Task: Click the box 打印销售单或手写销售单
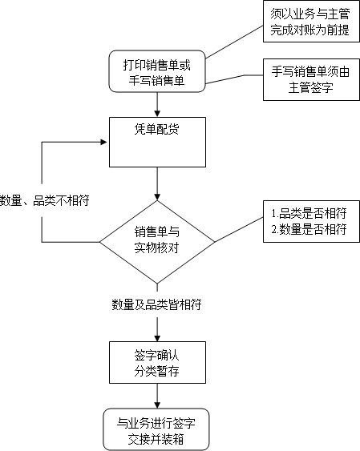click(x=157, y=73)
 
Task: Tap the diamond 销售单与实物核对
click(x=157, y=240)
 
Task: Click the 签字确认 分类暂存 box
click(x=157, y=362)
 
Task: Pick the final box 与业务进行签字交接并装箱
click(x=157, y=430)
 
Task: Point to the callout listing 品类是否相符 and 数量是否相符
click(x=308, y=222)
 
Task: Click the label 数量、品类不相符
click(x=44, y=200)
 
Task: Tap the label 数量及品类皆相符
click(x=156, y=304)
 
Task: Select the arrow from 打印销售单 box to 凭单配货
click(x=157, y=103)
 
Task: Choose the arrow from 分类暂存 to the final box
click(x=157, y=397)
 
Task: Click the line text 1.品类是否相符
click(x=308, y=214)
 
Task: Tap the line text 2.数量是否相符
click(x=308, y=230)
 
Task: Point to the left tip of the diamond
click(x=99, y=240)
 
